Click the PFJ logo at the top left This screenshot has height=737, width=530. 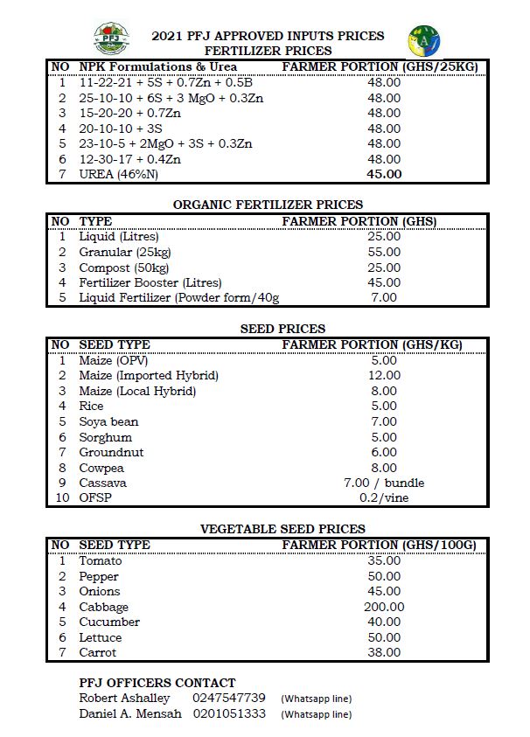[111, 39]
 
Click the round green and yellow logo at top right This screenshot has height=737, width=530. [424, 40]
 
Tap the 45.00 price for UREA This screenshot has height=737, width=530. [384, 174]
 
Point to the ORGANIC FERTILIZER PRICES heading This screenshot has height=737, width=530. [268, 205]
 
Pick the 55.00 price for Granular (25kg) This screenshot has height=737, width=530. [384, 252]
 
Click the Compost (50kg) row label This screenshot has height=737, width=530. [119, 268]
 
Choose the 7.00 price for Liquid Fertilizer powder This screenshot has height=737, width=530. [384, 298]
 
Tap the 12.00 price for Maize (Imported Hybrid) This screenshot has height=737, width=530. [384, 375]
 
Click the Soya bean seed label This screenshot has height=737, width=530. [108, 421]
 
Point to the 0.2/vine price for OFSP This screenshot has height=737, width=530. [384, 498]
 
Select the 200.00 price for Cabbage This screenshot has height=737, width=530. [384, 607]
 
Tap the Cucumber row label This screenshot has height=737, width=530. [109, 622]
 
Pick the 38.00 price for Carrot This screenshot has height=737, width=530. [384, 652]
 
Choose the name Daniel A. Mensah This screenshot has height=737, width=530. [130, 714]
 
